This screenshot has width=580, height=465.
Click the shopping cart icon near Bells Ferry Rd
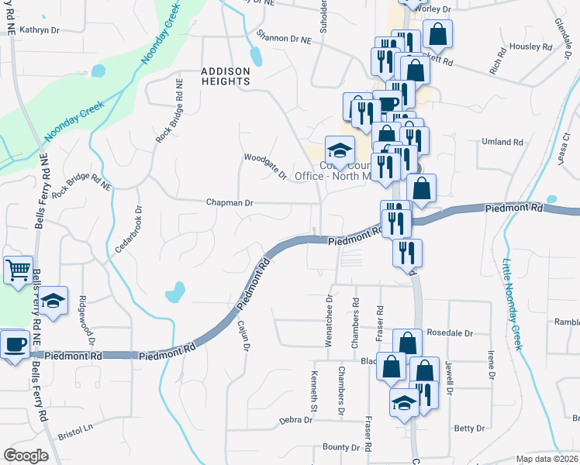[x=17, y=270]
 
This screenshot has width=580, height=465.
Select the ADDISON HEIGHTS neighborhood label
[x=226, y=76]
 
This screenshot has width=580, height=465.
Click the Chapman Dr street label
[x=230, y=203]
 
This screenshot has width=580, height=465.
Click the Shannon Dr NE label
[x=284, y=37]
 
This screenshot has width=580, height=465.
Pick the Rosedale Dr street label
[x=450, y=332]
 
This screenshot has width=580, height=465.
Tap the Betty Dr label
[x=469, y=428]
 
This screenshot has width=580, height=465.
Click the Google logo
[x=26, y=455]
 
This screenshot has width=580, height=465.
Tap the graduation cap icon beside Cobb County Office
[x=339, y=150]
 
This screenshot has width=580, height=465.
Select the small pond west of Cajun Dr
[x=175, y=292]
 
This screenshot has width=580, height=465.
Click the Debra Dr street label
[x=295, y=420]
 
